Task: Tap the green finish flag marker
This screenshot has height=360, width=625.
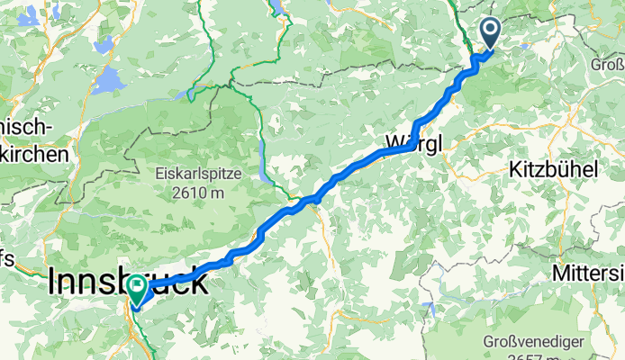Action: click(x=138, y=289)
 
